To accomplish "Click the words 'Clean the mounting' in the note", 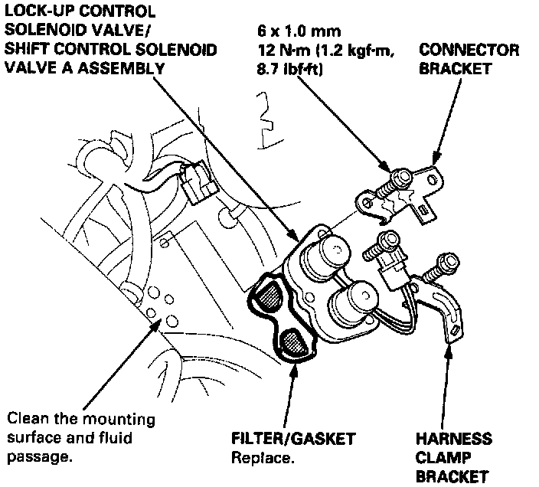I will [80, 420].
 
